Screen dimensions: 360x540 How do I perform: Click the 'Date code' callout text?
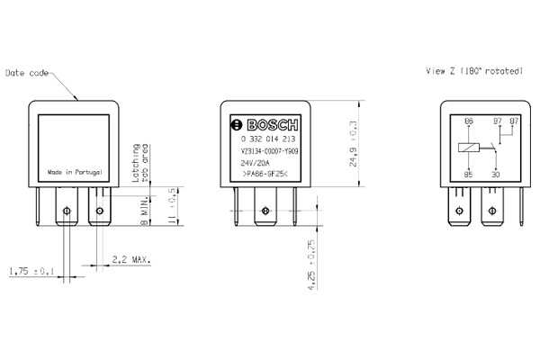(x=26, y=72)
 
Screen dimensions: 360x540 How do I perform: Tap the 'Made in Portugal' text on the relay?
(x=76, y=171)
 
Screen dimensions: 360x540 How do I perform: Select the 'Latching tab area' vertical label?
(x=139, y=161)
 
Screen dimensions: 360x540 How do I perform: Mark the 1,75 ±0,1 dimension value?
(x=32, y=271)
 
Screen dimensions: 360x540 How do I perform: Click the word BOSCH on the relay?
(x=269, y=124)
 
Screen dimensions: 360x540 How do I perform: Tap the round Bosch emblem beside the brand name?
(x=237, y=124)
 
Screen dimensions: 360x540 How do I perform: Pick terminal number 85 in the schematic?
(x=468, y=174)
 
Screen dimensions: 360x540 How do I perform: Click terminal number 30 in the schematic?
(x=496, y=174)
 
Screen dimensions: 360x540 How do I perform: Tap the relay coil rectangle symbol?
(x=468, y=148)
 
